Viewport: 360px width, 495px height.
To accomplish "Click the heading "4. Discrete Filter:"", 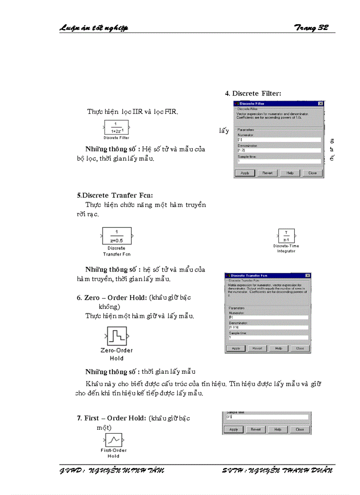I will tap(253, 93).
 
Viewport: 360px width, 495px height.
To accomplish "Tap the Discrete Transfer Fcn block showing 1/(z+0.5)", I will tap(117, 236).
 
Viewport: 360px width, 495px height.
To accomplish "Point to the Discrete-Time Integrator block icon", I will tap(286, 236).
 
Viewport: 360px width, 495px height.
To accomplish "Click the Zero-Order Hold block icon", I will tap(117, 337).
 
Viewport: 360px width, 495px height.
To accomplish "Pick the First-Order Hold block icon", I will tap(114, 440).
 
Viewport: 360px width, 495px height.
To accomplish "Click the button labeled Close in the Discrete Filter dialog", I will tap(312, 173).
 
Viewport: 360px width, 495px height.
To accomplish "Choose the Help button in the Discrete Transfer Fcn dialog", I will tap(278, 348).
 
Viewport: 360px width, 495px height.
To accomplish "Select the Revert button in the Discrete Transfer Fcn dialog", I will tap(257, 348).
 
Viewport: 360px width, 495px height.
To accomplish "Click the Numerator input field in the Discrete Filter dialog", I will tap(278, 139).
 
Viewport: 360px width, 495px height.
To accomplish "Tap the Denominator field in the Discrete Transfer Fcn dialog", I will tap(268, 328).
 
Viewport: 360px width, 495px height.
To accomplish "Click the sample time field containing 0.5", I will tap(266, 417).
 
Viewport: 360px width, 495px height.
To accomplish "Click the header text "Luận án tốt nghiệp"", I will tap(94, 28).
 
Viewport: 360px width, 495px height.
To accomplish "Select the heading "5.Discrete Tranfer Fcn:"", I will tap(115, 195).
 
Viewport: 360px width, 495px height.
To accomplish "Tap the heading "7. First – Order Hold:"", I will tap(111, 418).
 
